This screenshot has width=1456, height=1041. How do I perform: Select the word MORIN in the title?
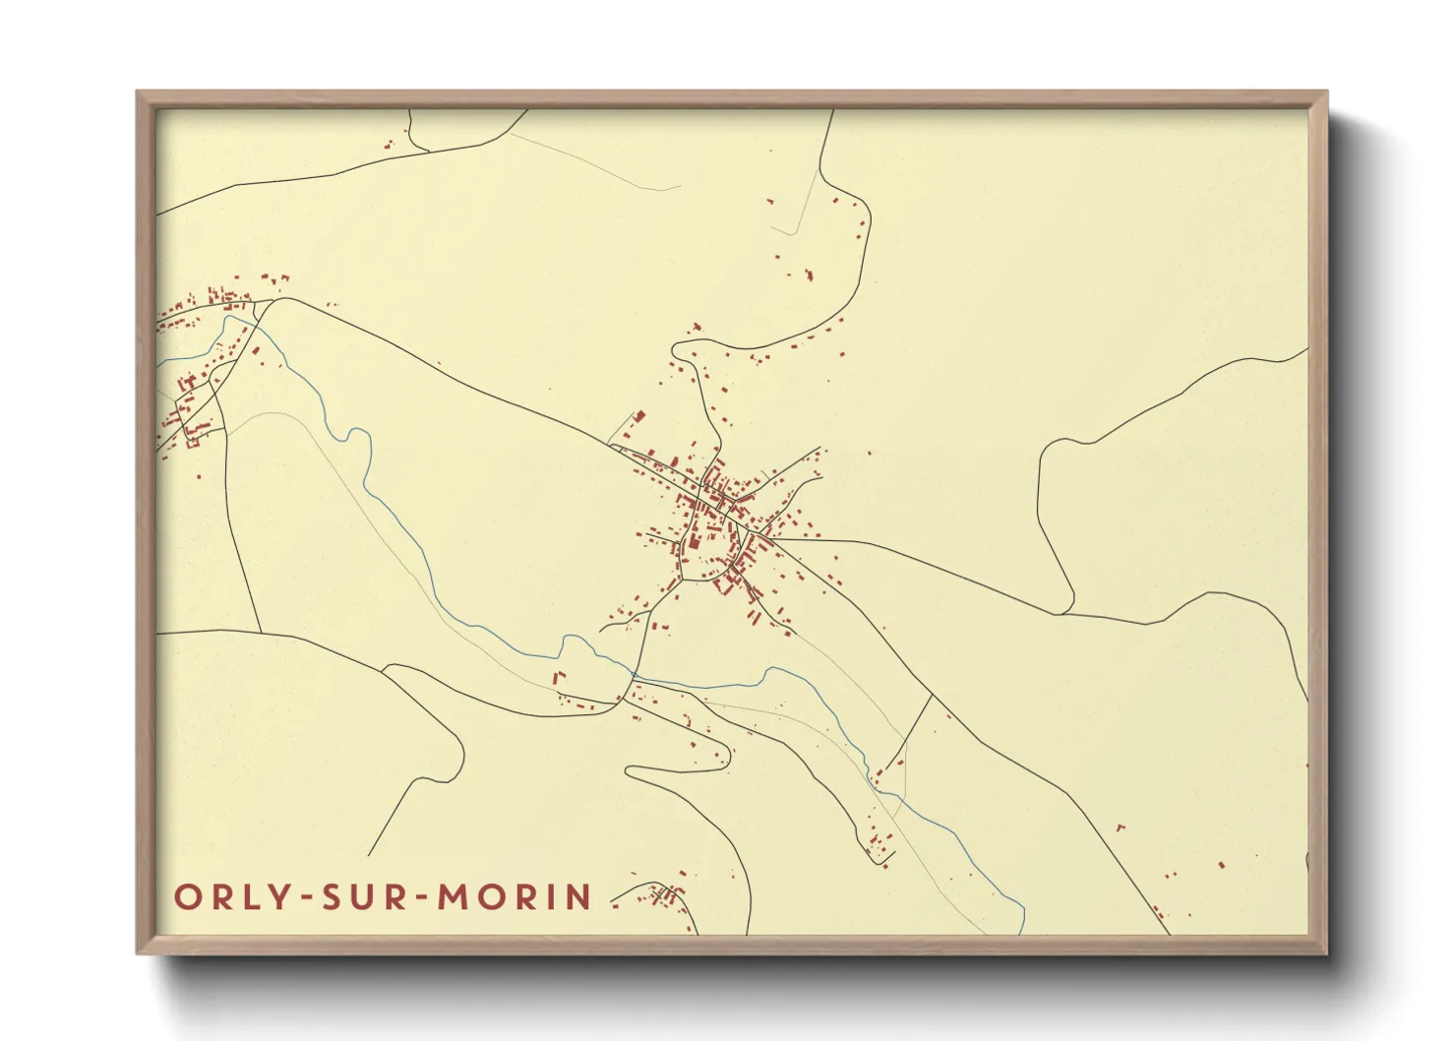point(515,897)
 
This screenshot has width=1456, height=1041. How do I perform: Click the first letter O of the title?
point(188,897)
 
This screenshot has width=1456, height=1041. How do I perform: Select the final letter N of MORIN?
point(580,897)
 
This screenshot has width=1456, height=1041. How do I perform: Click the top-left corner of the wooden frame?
point(138,92)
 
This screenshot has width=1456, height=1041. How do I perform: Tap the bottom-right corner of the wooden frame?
point(1326,952)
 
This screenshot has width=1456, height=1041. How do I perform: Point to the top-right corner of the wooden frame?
point(1326,92)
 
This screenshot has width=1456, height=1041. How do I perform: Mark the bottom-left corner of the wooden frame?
point(138,952)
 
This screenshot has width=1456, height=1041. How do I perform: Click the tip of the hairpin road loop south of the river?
point(631,773)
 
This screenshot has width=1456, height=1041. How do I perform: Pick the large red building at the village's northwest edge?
point(637,419)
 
